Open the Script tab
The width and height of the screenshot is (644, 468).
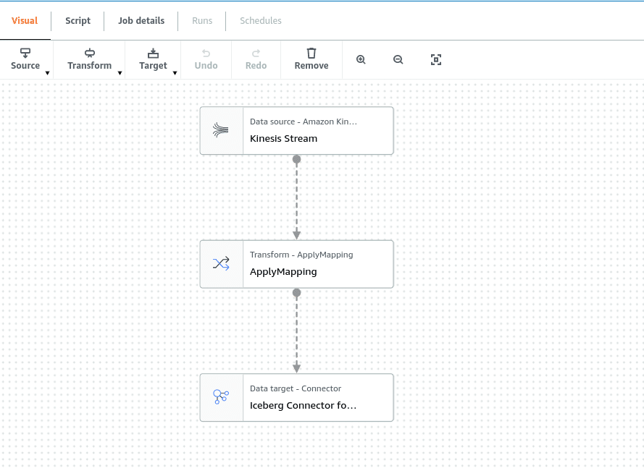[x=78, y=20]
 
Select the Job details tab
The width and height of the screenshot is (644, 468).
[x=141, y=20]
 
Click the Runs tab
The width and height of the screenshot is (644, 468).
[x=202, y=20]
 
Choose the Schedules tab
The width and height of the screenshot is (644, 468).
[x=260, y=20]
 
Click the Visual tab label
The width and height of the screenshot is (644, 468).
[x=25, y=20]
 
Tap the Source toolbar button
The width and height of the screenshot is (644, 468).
[x=25, y=59]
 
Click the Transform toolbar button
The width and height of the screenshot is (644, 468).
[x=90, y=59]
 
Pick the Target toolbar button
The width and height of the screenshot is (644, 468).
[x=153, y=59]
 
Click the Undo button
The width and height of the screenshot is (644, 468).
[x=206, y=59]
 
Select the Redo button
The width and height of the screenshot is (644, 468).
[x=256, y=59]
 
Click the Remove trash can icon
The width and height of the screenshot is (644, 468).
[x=311, y=54]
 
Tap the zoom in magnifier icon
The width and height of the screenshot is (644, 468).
[x=361, y=60]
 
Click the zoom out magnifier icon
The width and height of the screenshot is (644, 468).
[x=398, y=60]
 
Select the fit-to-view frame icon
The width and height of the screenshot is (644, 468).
[x=436, y=60]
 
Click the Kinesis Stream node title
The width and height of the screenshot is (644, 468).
[x=283, y=139]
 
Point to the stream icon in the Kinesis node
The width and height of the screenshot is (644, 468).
[x=220, y=130]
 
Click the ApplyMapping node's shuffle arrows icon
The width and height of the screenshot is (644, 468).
[x=221, y=263]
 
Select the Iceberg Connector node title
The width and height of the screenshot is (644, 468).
[x=303, y=405]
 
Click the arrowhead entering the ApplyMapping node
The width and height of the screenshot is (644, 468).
[x=296, y=235]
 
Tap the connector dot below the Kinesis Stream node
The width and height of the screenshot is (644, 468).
[x=296, y=159]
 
